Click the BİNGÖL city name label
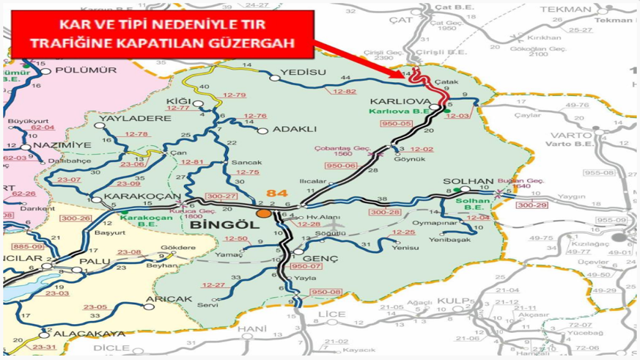coord(224,225)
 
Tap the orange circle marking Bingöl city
coord(264,213)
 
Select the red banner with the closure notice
coord(163,34)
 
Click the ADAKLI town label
coord(294,129)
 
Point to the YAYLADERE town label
coord(135,118)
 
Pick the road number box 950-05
coord(396,123)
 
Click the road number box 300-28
coord(386,212)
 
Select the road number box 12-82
coord(344,92)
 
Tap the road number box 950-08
coord(326,292)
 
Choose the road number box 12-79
coord(235,95)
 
